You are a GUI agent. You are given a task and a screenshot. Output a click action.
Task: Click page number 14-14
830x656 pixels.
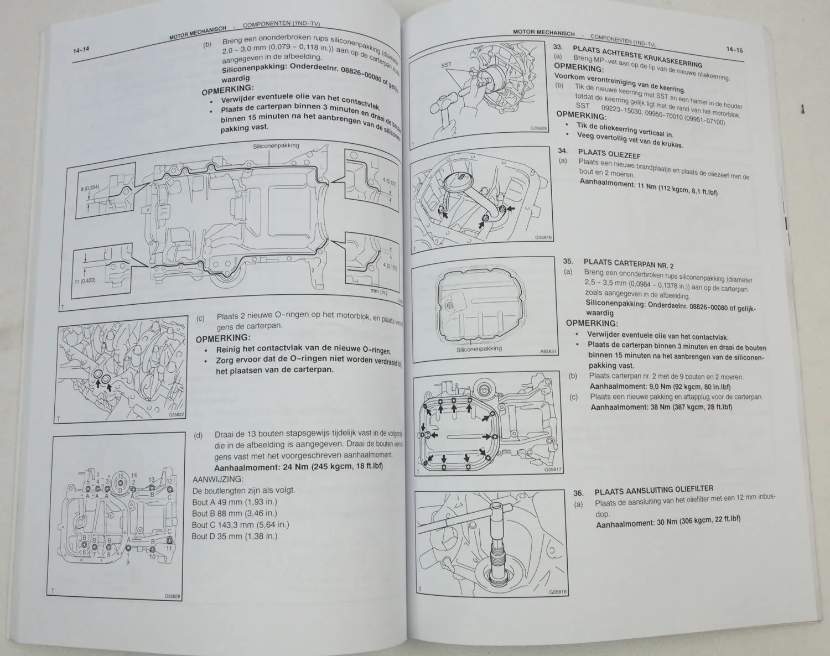click(x=81, y=50)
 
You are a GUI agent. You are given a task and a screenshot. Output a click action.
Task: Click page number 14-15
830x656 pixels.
click(x=734, y=50)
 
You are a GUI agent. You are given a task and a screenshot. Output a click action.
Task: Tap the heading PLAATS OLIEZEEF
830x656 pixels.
click(x=609, y=154)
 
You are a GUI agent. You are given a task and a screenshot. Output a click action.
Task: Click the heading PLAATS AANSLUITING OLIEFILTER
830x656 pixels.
click(x=653, y=490)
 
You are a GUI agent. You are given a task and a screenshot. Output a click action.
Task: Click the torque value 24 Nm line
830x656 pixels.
click(x=298, y=466)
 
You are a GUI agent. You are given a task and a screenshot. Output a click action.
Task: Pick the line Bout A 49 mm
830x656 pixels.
click(x=234, y=502)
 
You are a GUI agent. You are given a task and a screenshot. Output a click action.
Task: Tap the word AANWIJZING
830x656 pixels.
click(x=218, y=479)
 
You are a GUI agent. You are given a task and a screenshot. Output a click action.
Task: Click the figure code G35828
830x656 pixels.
click(x=173, y=596)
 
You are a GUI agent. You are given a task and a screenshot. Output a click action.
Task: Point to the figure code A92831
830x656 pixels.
click(x=548, y=351)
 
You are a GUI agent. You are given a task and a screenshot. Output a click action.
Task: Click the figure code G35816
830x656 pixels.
click(x=558, y=591)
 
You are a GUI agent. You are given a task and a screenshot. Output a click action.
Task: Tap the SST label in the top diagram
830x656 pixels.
click(x=447, y=65)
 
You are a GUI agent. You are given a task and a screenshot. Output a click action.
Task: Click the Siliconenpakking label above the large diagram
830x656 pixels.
click(x=276, y=146)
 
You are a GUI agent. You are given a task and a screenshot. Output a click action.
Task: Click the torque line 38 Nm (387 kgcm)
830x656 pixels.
click(x=661, y=407)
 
